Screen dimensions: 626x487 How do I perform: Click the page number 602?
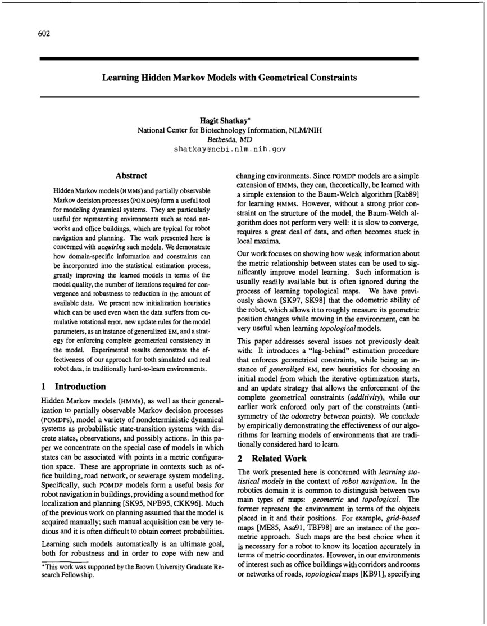pos(44,34)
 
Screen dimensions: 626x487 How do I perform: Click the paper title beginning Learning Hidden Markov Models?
pos(229,78)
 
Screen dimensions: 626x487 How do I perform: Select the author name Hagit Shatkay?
pos(229,120)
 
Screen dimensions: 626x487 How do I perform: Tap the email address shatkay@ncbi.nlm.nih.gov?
pos(230,149)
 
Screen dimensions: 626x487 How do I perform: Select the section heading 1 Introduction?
pos(73,387)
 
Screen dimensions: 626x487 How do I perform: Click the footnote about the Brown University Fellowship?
pos(131,571)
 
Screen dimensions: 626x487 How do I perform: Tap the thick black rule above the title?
pos(229,58)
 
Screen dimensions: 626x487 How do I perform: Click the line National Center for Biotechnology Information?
pos(229,130)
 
